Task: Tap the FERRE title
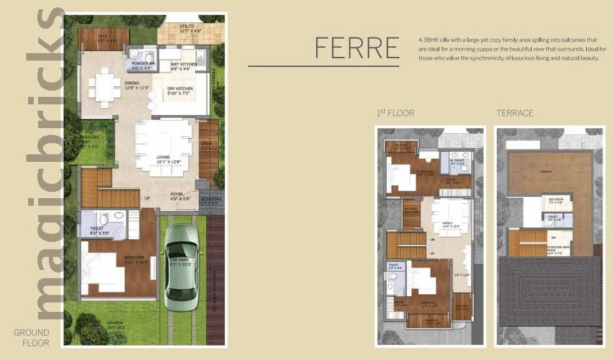tap(357, 47)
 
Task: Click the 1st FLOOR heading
tap(395, 113)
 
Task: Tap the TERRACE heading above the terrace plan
tap(514, 113)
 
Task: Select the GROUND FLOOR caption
tap(31, 337)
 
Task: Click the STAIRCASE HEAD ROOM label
tap(558, 249)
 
